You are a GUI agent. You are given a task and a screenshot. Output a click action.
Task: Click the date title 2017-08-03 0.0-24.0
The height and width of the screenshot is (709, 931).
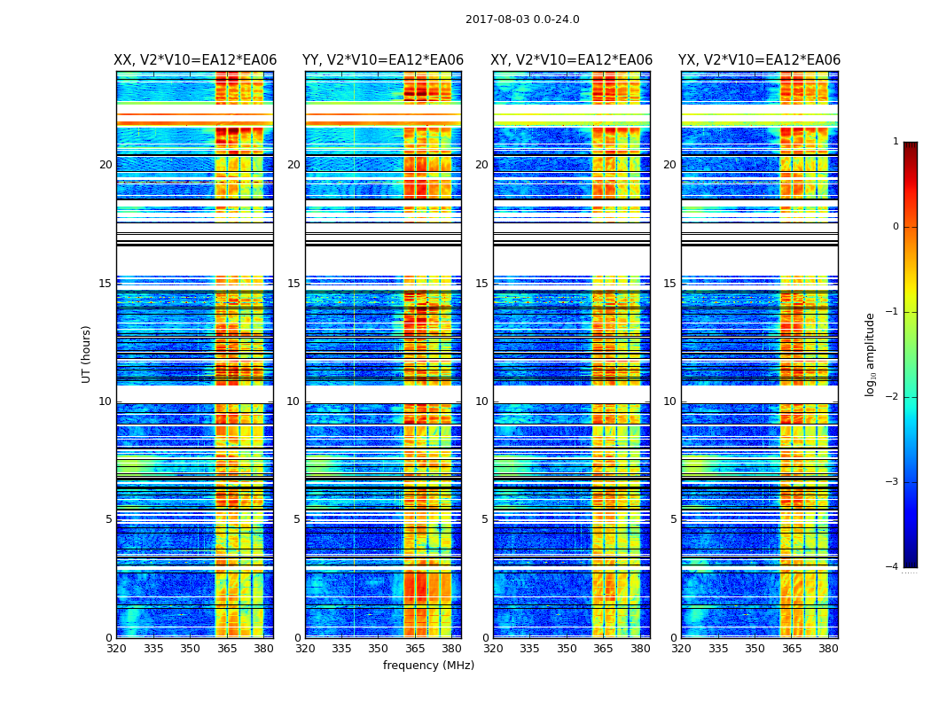(522, 19)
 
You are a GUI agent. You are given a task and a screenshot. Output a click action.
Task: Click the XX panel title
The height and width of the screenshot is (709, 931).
(195, 60)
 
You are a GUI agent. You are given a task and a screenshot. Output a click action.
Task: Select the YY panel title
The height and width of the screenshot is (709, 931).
(383, 60)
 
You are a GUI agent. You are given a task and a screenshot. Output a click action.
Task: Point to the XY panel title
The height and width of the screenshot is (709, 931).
(572, 60)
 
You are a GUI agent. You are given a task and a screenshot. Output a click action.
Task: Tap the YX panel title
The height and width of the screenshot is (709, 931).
(759, 60)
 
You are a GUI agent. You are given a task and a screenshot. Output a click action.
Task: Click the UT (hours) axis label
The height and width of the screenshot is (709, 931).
(86, 354)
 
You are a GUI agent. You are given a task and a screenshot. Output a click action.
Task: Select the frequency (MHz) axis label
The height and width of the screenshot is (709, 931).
(428, 666)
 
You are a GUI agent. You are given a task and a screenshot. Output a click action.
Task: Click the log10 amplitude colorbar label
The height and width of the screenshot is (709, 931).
(871, 354)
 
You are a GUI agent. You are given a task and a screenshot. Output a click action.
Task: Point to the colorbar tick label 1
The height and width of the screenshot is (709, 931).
(896, 142)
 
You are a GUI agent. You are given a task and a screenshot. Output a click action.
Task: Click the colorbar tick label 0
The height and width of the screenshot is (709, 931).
(896, 227)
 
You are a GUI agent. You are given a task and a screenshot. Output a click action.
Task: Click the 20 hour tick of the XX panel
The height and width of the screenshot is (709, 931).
(106, 165)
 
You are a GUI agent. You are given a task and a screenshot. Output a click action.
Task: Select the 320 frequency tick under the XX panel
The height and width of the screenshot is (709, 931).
(116, 649)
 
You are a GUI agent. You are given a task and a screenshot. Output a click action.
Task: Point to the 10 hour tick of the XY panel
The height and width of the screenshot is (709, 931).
(481, 401)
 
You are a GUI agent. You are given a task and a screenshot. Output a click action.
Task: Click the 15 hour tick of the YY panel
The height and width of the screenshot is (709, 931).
(293, 284)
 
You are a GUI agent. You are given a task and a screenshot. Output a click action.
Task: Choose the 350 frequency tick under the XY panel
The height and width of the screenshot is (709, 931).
(567, 649)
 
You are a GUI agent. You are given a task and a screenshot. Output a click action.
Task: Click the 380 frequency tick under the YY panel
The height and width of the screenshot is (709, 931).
(451, 649)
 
